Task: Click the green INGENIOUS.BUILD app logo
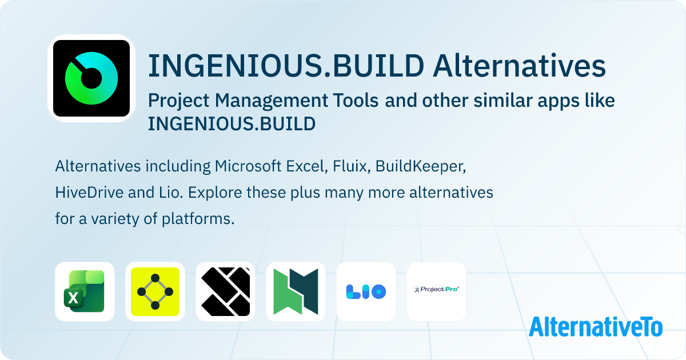point(91,78)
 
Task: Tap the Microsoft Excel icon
point(85,291)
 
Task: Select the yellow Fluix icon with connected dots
point(155,291)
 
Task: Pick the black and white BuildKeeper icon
point(225,291)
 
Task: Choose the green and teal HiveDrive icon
point(296,291)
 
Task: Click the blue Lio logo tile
point(366,291)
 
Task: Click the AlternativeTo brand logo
point(596,326)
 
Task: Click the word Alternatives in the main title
point(519,66)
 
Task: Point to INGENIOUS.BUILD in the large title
point(286,66)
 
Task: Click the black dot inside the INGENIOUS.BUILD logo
point(90,79)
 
